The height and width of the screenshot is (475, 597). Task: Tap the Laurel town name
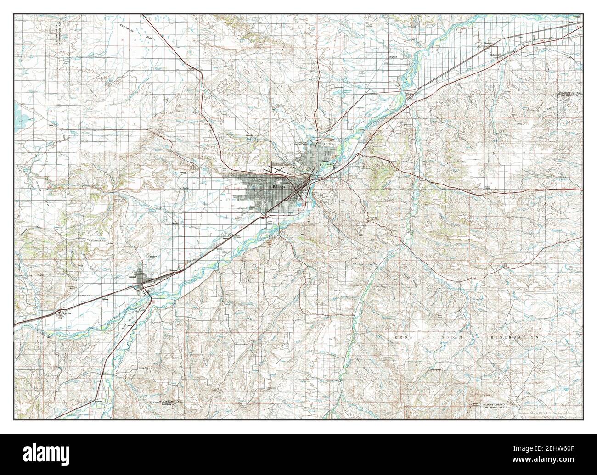pos(134,277)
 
